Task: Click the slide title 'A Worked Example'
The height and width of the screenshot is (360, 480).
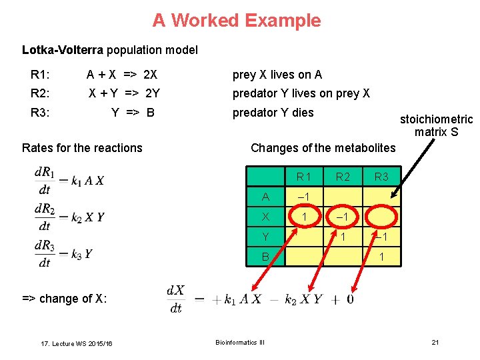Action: click(237, 21)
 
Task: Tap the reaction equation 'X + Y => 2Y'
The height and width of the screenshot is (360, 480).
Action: click(125, 93)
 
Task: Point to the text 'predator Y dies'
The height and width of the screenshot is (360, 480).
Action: click(273, 112)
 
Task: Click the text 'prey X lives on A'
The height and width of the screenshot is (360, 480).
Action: click(277, 75)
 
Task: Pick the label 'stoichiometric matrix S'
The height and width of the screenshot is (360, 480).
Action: click(436, 125)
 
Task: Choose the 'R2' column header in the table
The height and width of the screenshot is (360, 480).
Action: click(343, 177)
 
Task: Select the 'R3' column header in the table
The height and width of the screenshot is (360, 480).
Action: click(381, 177)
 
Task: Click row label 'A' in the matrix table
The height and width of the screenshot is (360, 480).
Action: click(266, 197)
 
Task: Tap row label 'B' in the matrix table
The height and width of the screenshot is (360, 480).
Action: click(266, 256)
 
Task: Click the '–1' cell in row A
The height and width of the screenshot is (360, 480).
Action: click(304, 197)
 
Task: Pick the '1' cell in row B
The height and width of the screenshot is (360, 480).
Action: click(381, 256)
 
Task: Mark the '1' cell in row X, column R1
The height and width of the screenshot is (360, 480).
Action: click(304, 217)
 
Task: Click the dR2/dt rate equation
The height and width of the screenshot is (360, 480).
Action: click(69, 217)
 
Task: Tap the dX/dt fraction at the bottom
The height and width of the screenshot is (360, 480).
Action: click(175, 299)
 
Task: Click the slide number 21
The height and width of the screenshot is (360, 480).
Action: click(435, 343)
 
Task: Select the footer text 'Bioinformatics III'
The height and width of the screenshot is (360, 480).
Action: click(240, 343)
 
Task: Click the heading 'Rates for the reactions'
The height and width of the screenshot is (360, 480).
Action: click(82, 148)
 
